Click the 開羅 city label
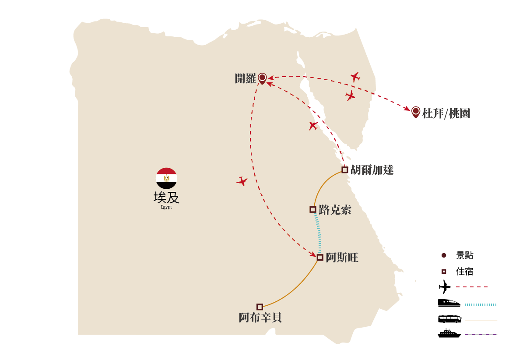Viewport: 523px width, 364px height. (246, 78)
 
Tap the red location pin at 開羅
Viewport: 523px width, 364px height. (263, 78)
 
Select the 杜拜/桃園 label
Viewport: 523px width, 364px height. (446, 113)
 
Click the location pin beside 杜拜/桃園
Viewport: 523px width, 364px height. (416, 112)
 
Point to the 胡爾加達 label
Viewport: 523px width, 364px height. (372, 170)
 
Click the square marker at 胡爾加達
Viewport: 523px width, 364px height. (345, 170)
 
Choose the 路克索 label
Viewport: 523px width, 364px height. (335, 210)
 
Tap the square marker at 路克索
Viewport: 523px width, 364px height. (313, 209)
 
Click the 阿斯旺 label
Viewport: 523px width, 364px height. (342, 258)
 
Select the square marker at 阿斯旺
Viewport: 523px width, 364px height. (320, 258)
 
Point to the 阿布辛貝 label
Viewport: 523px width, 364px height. (260, 318)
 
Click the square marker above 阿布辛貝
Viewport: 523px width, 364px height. (260, 307)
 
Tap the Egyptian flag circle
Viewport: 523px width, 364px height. (166, 178)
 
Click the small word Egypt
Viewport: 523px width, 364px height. (166, 207)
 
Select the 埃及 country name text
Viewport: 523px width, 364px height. (166, 198)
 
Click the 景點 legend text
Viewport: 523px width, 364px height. (465, 255)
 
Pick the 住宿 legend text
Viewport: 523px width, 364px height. (465, 272)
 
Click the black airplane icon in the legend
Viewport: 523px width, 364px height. (445, 286)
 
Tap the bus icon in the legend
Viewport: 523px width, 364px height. (449, 319)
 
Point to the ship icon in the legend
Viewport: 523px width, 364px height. (449, 333)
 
